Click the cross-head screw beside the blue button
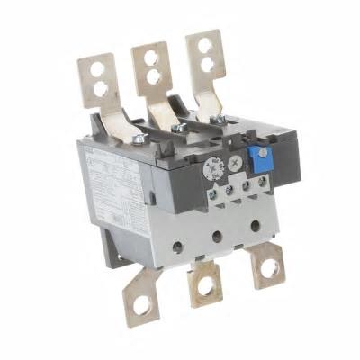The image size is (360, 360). click(x=236, y=163)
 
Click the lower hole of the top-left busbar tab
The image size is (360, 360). click(x=99, y=88)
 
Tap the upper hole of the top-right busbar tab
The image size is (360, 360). click(x=204, y=45)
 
